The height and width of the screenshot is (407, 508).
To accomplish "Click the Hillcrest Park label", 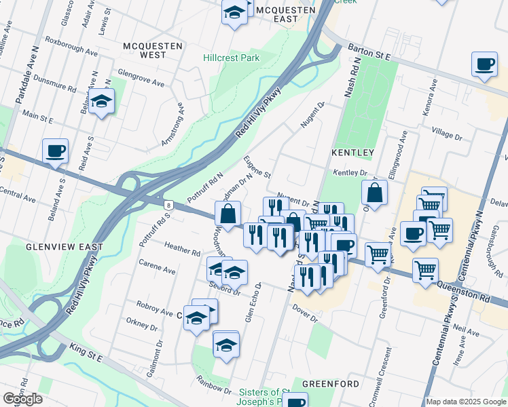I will click(x=232, y=58).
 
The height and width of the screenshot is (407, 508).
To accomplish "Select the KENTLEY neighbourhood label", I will click(x=352, y=153).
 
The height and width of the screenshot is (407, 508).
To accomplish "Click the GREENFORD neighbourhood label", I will click(x=331, y=384).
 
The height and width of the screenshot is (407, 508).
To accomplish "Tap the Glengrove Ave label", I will click(x=141, y=78).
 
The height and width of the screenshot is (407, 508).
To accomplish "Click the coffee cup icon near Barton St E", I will click(x=484, y=65).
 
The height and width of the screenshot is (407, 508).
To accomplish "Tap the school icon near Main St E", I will click(x=101, y=102).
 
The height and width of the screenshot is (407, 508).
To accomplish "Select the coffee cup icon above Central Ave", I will click(x=56, y=151).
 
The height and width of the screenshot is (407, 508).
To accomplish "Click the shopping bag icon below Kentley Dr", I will click(x=374, y=193).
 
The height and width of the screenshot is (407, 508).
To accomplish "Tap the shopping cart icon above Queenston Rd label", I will click(x=425, y=270).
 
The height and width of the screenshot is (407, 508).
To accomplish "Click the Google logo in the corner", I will click(x=22, y=398).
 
